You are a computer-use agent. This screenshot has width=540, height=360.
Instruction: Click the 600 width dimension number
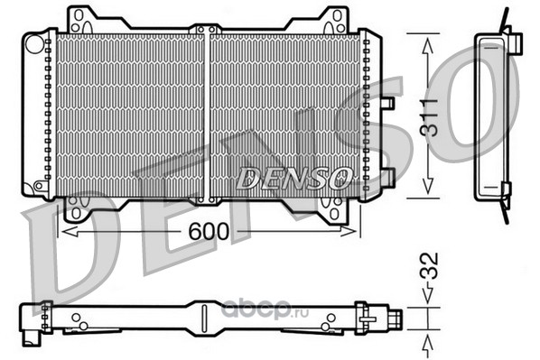pos(209,231)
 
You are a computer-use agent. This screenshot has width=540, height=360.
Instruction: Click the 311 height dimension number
pos(429,117)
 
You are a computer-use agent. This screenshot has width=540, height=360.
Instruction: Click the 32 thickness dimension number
pos(429,265)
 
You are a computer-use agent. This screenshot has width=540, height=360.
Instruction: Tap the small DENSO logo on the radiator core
pos(294,178)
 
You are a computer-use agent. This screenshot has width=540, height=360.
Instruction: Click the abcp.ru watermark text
pos(265,310)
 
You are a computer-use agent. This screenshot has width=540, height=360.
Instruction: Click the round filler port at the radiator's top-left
pos(35,43)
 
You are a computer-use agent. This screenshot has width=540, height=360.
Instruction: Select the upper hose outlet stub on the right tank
pos(388,103)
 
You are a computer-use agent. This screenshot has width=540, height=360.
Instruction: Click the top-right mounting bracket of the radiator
pos(335,20)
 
